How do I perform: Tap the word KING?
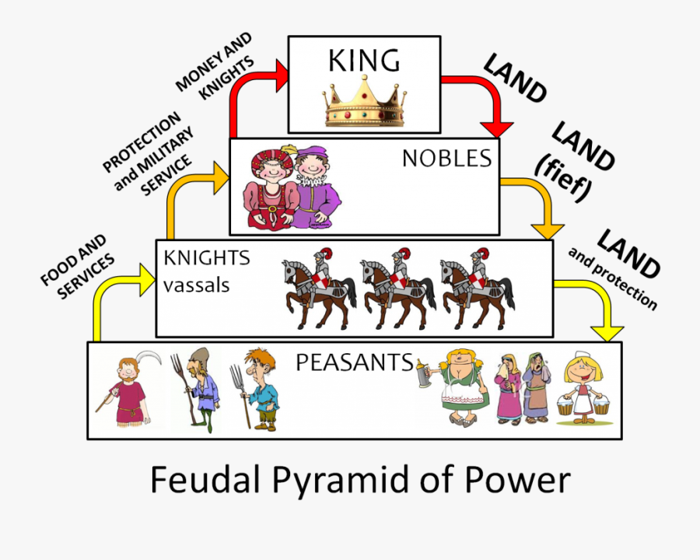coord(364,61)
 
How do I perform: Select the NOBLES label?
coord(447,158)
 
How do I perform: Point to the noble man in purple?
coord(316,186)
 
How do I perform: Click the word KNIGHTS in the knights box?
coord(207,258)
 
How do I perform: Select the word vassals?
coord(196,285)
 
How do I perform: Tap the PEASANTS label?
coord(355,362)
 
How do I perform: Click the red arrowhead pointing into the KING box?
coord(282,76)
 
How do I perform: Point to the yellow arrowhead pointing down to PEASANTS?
coord(607,334)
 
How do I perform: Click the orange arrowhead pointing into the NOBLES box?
coord(222,178)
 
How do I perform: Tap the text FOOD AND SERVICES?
coord(77,267)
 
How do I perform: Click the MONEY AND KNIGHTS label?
coord(215,66)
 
